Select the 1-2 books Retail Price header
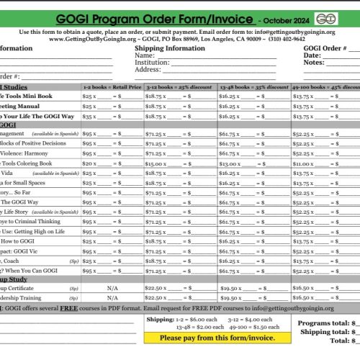[111, 86]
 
